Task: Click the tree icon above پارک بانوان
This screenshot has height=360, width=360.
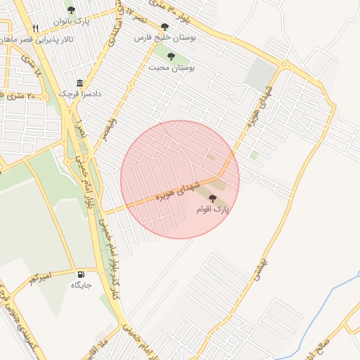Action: coord(71,10)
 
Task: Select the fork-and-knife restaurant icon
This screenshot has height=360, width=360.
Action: coord(36,29)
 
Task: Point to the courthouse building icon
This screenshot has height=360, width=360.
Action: coord(79,82)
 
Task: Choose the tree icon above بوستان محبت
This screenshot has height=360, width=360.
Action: coord(172,56)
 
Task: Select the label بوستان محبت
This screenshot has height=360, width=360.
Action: coord(172,67)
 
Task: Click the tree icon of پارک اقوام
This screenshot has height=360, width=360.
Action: coord(213,198)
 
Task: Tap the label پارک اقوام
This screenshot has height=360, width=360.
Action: coord(212,210)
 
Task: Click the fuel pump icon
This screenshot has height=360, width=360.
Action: coord(81,274)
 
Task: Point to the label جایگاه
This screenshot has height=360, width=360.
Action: coord(81,285)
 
